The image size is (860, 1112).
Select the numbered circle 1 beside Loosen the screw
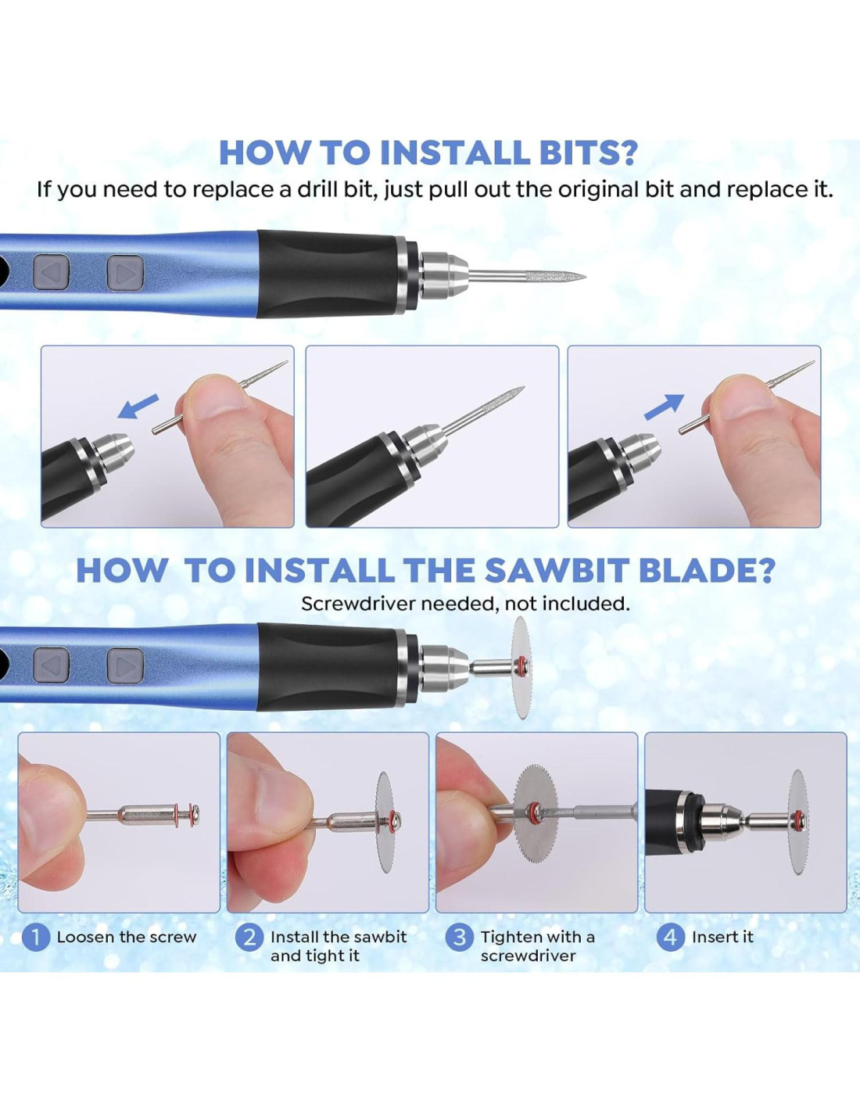coord(36,938)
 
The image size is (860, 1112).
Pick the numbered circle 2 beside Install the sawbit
coord(249,938)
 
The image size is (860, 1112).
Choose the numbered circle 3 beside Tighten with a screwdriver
coord(459,938)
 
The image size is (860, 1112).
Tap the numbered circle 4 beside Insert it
coord(670,938)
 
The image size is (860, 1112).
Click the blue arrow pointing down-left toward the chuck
coord(138,407)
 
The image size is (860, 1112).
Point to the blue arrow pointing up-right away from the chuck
coord(664,407)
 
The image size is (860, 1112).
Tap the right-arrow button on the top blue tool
coord(125,272)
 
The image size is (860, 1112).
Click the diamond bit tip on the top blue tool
coord(527,276)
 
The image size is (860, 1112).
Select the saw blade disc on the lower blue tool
coord(521,667)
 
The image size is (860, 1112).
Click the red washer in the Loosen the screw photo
coord(177,816)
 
